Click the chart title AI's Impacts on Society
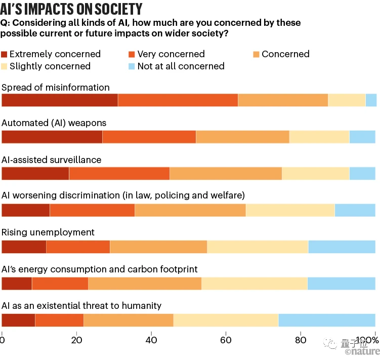(x=71, y=9)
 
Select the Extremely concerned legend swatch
(x=5, y=54)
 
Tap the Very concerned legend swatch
(x=133, y=54)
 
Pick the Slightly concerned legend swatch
(x=5, y=66)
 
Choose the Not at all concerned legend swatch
(x=133, y=66)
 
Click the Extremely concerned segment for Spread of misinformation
(x=60, y=100)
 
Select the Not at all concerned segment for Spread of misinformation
(x=371, y=100)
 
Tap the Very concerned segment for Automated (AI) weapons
(x=149, y=137)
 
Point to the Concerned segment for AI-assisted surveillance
(x=226, y=173)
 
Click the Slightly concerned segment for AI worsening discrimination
(x=290, y=210)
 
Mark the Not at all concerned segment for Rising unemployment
(x=342, y=247)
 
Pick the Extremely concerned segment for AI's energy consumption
(x=17, y=284)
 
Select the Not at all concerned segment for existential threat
(x=327, y=320)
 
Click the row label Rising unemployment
(x=48, y=232)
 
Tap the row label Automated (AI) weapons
(x=54, y=123)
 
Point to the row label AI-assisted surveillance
(x=52, y=159)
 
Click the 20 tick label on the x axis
(x=76, y=340)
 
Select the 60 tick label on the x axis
(x=226, y=340)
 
